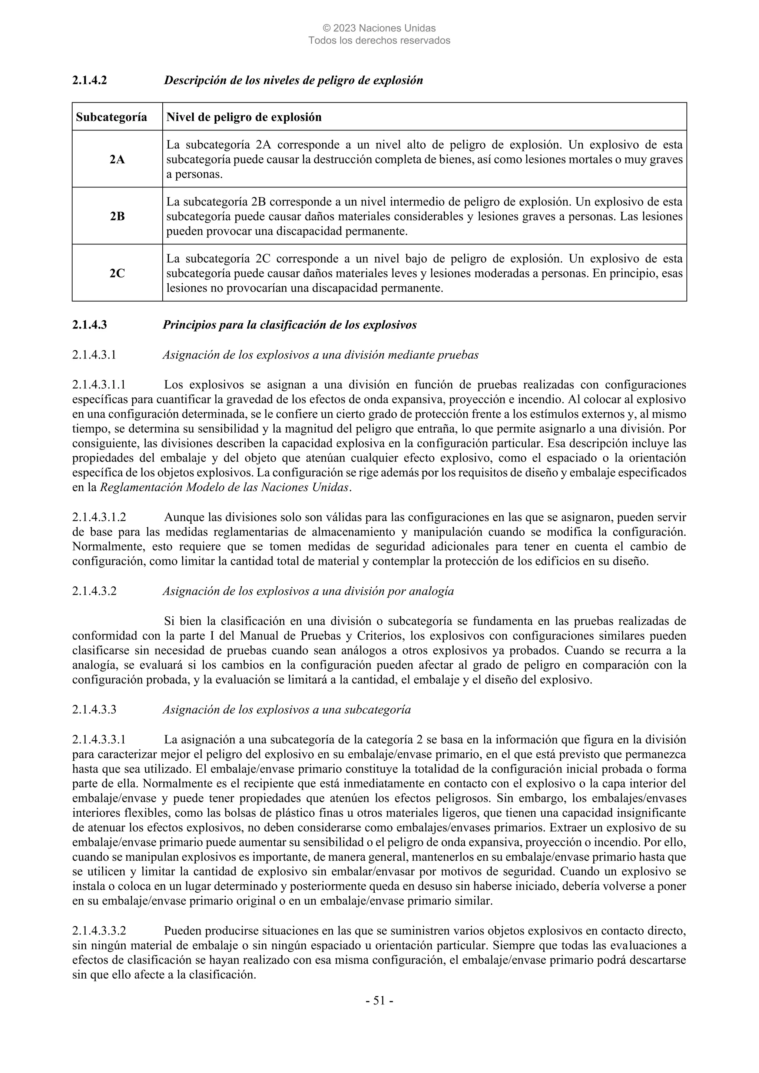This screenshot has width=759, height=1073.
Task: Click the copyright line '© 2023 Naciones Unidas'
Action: tap(379, 29)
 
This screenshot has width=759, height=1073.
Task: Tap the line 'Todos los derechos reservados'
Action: tap(379, 41)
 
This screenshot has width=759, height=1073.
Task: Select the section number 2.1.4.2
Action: tap(89, 80)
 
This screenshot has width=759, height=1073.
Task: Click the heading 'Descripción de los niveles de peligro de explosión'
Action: tap(293, 80)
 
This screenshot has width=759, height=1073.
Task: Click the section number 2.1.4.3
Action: tap(89, 325)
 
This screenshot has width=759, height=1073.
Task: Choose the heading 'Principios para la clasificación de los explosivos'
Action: tap(289, 325)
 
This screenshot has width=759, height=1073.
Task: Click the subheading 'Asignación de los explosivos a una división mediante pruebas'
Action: tap(320, 355)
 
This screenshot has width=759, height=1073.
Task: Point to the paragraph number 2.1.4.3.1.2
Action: tap(99, 517)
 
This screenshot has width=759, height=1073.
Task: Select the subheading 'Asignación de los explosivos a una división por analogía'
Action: tap(308, 591)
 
